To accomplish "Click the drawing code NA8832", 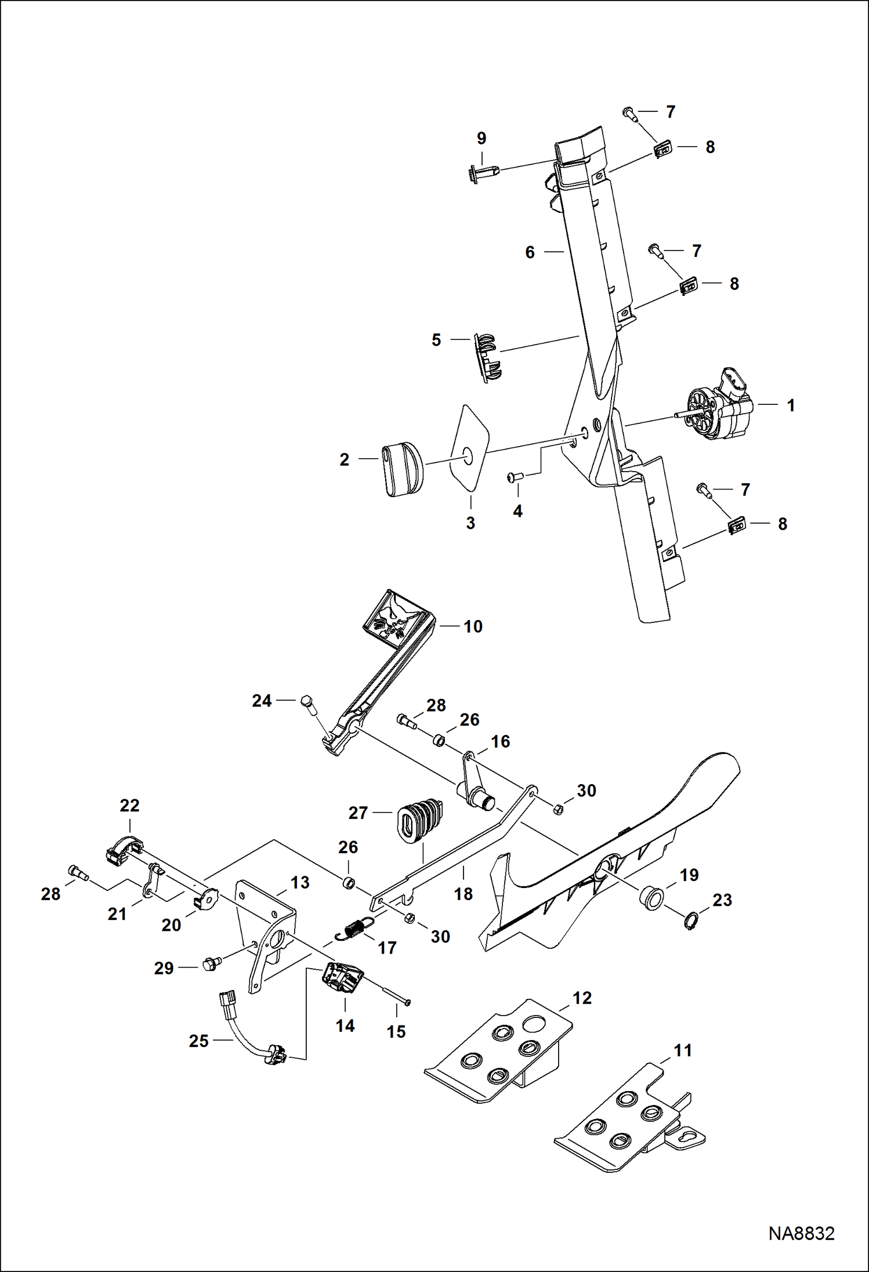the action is tap(801, 1233).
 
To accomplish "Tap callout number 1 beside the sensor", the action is tap(791, 405).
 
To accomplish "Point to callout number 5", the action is tap(436, 340).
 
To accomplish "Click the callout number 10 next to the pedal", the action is tap(473, 626).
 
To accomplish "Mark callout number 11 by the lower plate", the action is tap(683, 1066).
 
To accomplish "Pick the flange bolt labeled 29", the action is tap(209, 965).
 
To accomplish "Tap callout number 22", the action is tap(129, 806).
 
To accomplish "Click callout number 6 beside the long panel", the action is tap(530, 252).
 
